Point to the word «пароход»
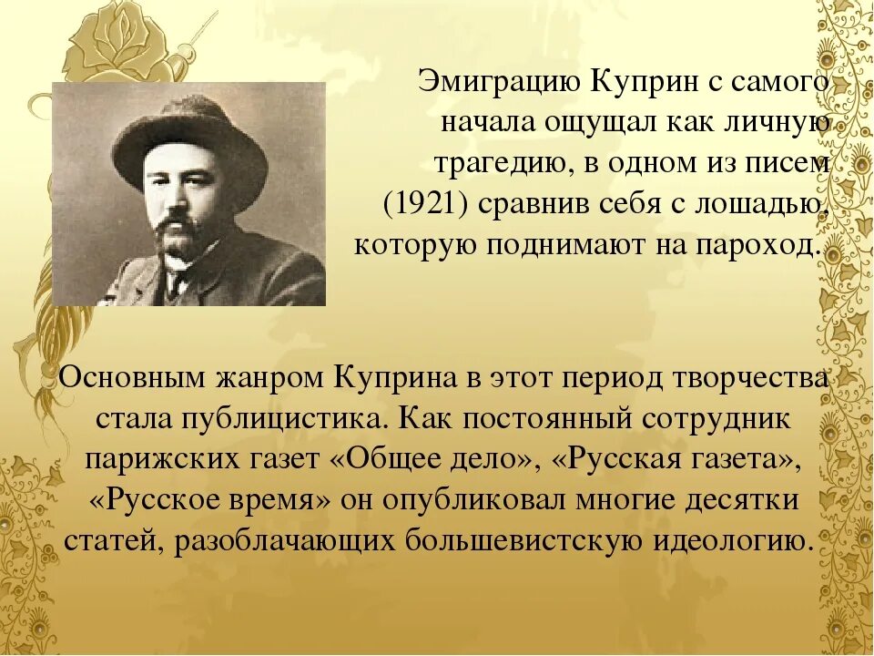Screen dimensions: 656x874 point(767,246)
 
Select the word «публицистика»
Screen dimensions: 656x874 point(285,418)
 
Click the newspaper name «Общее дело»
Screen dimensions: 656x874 point(432,459)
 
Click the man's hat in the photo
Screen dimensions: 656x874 point(190,137)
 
